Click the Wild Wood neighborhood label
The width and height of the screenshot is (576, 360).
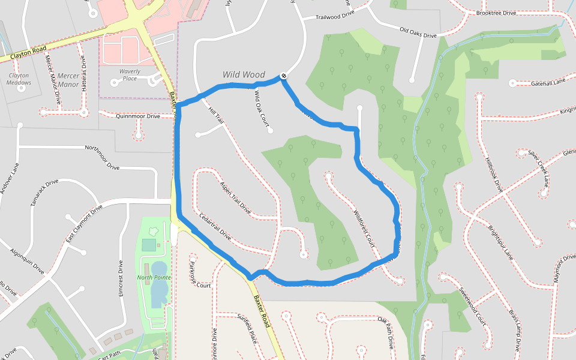coord(244,75)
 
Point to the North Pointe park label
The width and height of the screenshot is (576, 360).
coord(154,277)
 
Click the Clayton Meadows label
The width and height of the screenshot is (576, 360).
coord(19,79)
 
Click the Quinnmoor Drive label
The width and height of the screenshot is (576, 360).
coord(137,116)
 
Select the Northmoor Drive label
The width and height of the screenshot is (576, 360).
coord(103,158)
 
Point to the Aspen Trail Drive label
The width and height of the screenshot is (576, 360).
coord(235,197)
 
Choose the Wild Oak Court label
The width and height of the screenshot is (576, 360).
coord(262,107)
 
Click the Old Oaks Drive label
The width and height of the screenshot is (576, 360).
coord(418,32)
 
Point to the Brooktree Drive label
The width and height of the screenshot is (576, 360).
coord(496,13)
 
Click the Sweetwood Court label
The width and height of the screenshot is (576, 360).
coord(472,306)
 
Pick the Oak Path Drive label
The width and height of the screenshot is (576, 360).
coord(385,333)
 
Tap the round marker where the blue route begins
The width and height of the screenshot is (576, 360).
coord(283,76)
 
